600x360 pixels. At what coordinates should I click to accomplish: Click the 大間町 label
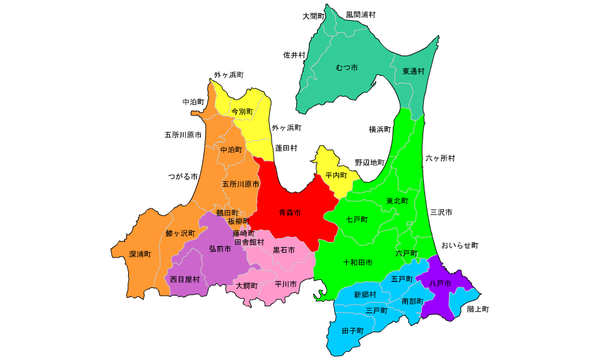click(x=313, y=16)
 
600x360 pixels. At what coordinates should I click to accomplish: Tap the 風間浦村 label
click(x=361, y=14)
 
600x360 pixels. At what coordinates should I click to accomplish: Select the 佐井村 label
click(x=294, y=55)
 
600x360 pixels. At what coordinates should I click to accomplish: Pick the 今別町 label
click(x=242, y=111)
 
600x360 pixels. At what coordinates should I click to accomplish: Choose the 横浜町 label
click(x=380, y=129)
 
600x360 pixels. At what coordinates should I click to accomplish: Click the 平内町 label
click(x=336, y=174)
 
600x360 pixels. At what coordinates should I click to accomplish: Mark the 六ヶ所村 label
click(x=440, y=158)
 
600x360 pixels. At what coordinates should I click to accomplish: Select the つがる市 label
click(x=183, y=176)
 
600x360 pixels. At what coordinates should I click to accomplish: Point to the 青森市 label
click(x=290, y=213)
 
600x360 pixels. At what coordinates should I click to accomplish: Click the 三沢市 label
click(x=441, y=212)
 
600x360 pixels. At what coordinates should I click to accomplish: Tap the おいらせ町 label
click(x=460, y=245)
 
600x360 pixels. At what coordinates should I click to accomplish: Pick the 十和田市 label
click(x=357, y=261)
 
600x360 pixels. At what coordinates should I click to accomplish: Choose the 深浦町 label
click(x=140, y=254)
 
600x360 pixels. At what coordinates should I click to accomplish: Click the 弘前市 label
click(x=220, y=249)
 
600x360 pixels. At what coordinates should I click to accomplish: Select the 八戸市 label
click(x=440, y=284)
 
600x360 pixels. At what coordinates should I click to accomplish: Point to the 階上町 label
click(x=477, y=309)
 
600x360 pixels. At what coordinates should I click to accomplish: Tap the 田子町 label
click(x=352, y=330)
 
